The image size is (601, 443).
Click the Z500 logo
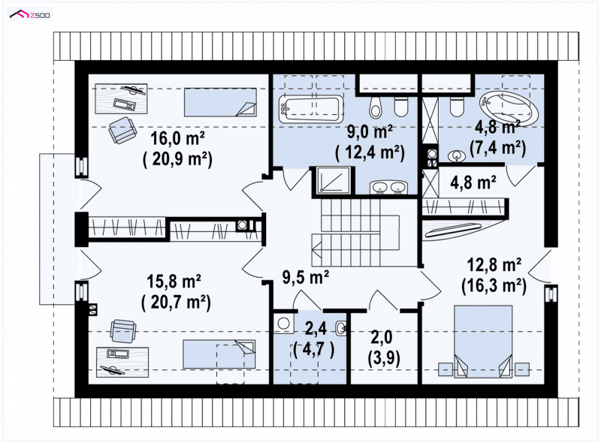30,14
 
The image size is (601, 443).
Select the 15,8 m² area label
174,282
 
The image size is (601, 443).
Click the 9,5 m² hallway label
306,276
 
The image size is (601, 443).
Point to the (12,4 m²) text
370,152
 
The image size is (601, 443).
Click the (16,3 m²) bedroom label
494,285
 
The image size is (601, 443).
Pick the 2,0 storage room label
382,337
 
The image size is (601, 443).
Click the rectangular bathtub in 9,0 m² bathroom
310,109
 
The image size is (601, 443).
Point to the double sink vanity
388,188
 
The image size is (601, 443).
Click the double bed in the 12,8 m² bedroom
483,342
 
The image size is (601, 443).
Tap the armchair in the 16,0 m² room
122,130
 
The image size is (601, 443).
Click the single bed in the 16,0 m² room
220,102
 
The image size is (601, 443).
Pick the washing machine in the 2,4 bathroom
284,324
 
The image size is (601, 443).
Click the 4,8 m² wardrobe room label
473,182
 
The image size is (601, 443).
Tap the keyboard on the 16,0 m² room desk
125,104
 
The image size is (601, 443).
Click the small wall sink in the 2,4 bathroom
341,327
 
